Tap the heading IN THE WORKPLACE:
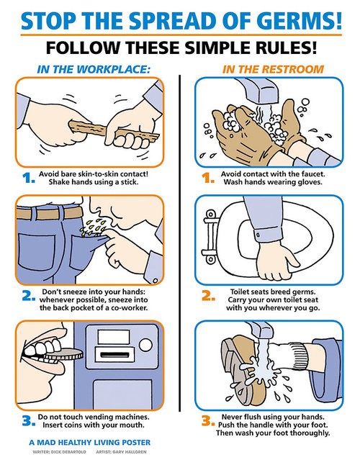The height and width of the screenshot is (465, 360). click(x=94, y=69)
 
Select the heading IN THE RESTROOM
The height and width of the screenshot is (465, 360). click(x=273, y=69)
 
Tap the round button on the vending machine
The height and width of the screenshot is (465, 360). click(x=145, y=345)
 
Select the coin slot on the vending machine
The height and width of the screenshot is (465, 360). click(x=114, y=355)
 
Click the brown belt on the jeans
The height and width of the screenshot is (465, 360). click(x=49, y=214)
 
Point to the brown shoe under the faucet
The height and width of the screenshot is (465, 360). click(x=243, y=371)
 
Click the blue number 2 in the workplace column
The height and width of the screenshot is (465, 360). click(x=29, y=296)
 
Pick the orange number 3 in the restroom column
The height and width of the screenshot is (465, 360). click(x=208, y=421)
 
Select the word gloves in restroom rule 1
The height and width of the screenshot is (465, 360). click(x=310, y=182)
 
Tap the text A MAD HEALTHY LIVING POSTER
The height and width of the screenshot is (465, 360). click(x=89, y=443)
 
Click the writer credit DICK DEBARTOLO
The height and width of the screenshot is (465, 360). click(x=68, y=452)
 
